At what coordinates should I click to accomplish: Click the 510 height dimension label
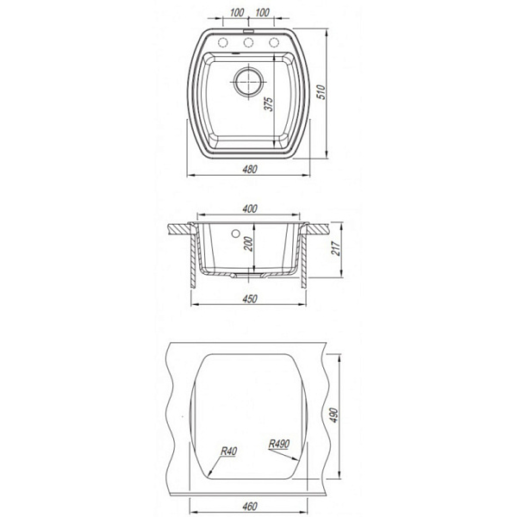pyautogui.click(x=321, y=92)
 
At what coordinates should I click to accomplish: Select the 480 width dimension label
pyautogui.click(x=250, y=169)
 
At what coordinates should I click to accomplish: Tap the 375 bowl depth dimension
pyautogui.click(x=269, y=104)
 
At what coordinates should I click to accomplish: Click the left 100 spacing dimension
pyautogui.click(x=236, y=13)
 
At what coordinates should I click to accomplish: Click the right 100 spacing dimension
pyautogui.click(x=262, y=13)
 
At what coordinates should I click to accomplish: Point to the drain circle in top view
pyautogui.click(x=249, y=82)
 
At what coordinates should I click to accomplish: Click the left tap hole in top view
pyautogui.click(x=223, y=42)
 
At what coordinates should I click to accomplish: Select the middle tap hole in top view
pyautogui.click(x=248, y=42)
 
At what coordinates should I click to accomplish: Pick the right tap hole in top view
pyautogui.click(x=274, y=42)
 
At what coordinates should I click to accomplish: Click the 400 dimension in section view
pyautogui.click(x=250, y=209)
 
